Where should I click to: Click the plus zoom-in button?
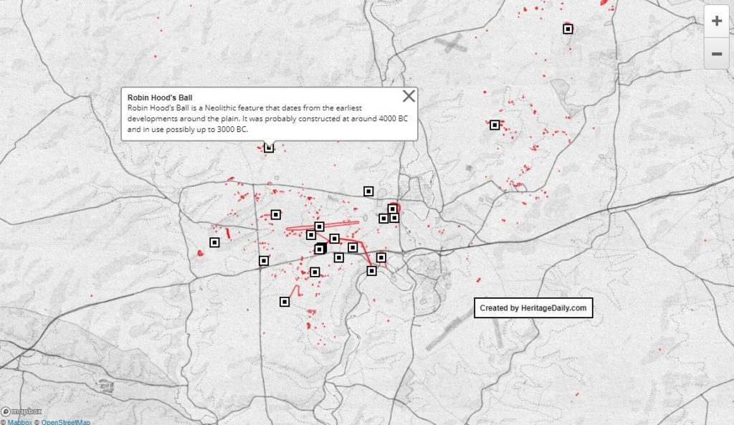pos(716,22)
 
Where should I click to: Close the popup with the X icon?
pos(409,97)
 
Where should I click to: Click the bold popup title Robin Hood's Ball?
pos(161,96)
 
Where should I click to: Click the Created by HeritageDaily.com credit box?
pos(533,307)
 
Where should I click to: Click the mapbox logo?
pos(22,411)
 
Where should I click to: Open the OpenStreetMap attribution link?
pos(65,421)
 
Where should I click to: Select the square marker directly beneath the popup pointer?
pos(269,148)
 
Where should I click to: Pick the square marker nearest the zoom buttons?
pos(568,29)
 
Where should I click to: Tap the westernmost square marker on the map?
pos(214,242)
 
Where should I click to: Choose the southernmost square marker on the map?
pos(285,302)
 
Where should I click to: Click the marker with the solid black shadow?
pos(320,249)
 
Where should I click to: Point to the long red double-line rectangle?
pos(313,229)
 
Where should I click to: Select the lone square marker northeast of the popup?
pos(495,125)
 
